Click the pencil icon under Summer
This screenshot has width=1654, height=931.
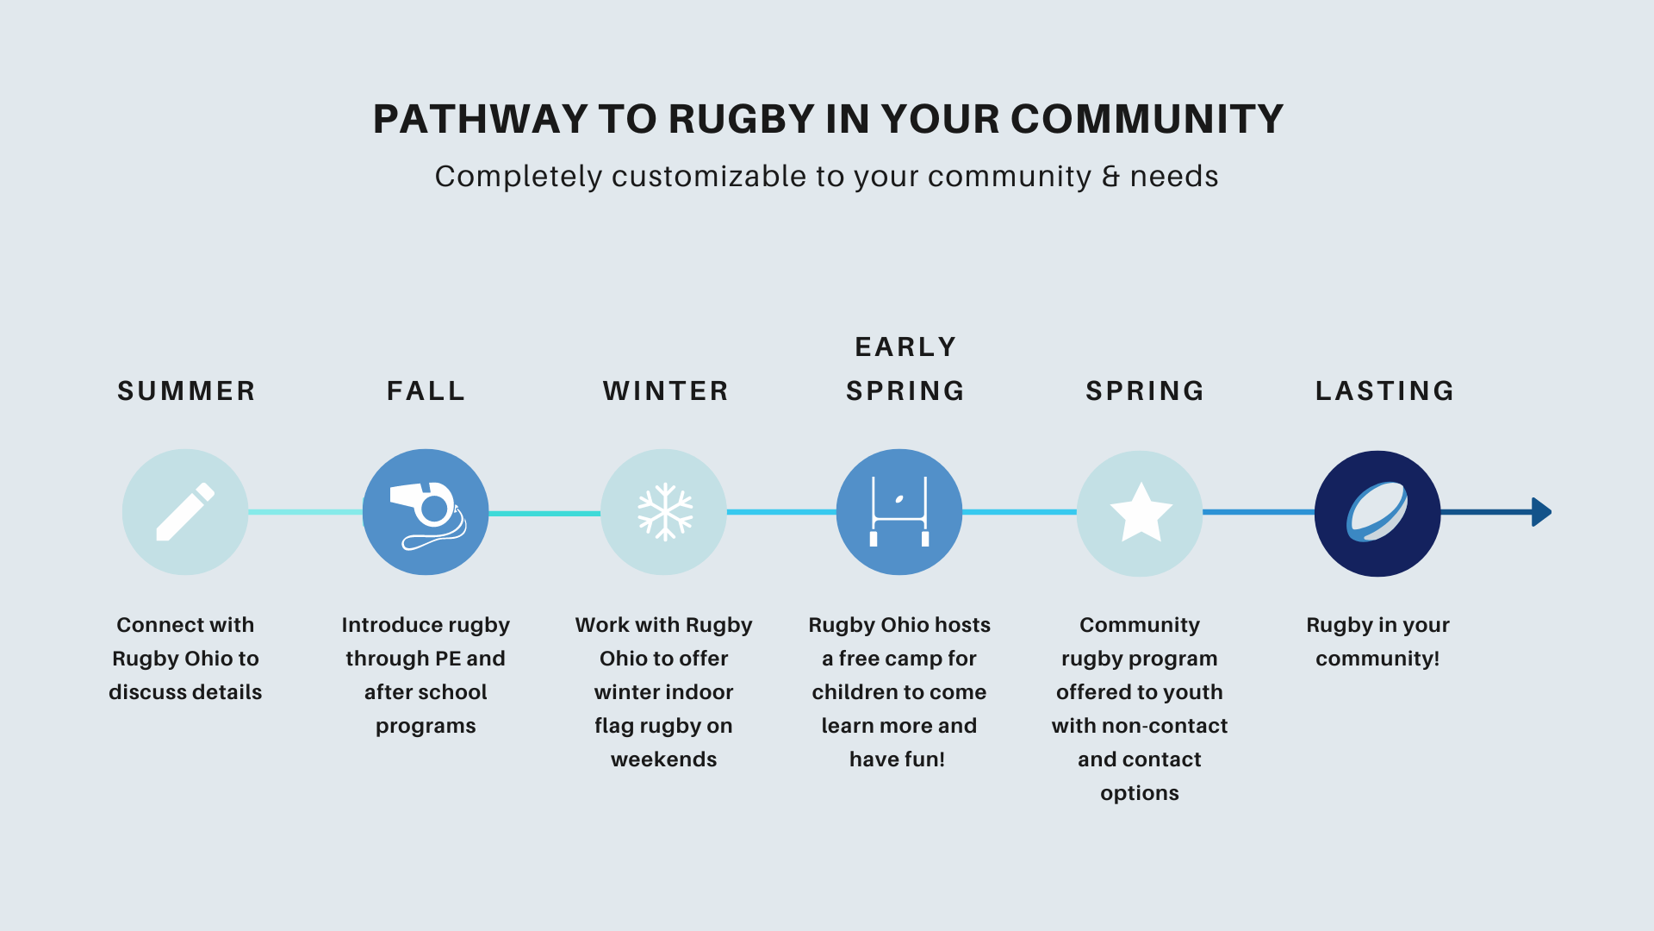(x=185, y=512)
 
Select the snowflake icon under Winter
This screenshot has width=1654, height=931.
(x=664, y=512)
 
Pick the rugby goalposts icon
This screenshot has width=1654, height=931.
(x=899, y=512)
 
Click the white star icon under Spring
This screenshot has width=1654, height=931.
(x=1141, y=512)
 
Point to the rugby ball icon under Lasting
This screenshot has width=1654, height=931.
(x=1377, y=512)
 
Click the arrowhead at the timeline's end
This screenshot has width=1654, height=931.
(x=1541, y=512)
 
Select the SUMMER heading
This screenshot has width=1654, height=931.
(x=186, y=391)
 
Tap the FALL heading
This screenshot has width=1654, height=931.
(x=426, y=391)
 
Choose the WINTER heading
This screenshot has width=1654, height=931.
(x=666, y=391)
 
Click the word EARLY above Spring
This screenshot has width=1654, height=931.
(x=905, y=347)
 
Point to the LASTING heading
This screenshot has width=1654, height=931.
(x=1384, y=391)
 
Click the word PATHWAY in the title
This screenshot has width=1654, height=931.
(x=480, y=119)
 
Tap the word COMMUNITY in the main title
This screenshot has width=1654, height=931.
(x=1147, y=119)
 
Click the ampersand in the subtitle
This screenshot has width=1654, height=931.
(x=1111, y=177)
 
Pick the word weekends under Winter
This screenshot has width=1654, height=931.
(x=663, y=759)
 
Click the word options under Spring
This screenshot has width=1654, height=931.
(x=1139, y=793)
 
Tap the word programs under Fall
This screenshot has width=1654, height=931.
(x=426, y=726)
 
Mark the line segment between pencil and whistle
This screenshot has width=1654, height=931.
(x=305, y=512)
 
